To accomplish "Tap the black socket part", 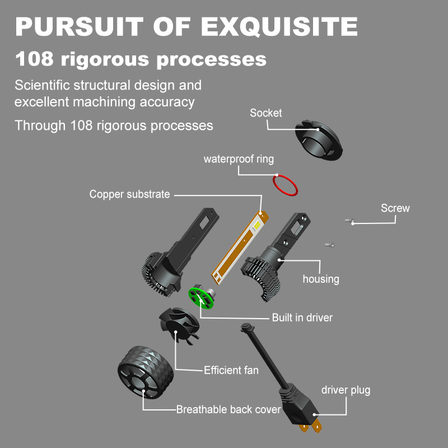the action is coord(319,140).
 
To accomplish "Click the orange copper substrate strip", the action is coord(240,247).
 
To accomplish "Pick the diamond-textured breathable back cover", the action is coord(146,372).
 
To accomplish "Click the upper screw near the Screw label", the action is coord(349,220).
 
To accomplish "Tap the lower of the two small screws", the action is coord(330,245).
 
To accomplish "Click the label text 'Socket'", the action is coord(265,113).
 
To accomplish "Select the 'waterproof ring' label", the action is coord(239,159).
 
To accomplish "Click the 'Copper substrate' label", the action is coord(129,194).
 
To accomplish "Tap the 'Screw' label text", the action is coord(395,208).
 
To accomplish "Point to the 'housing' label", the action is coord(321,279).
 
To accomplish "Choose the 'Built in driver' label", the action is coord(302,318).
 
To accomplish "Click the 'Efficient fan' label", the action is coord(231,370).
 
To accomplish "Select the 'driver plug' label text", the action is coord(346,390).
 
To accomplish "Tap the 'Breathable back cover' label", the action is coord(228,409).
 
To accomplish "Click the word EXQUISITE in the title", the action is coord(279,26).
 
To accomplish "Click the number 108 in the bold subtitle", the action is coord(34,59).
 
